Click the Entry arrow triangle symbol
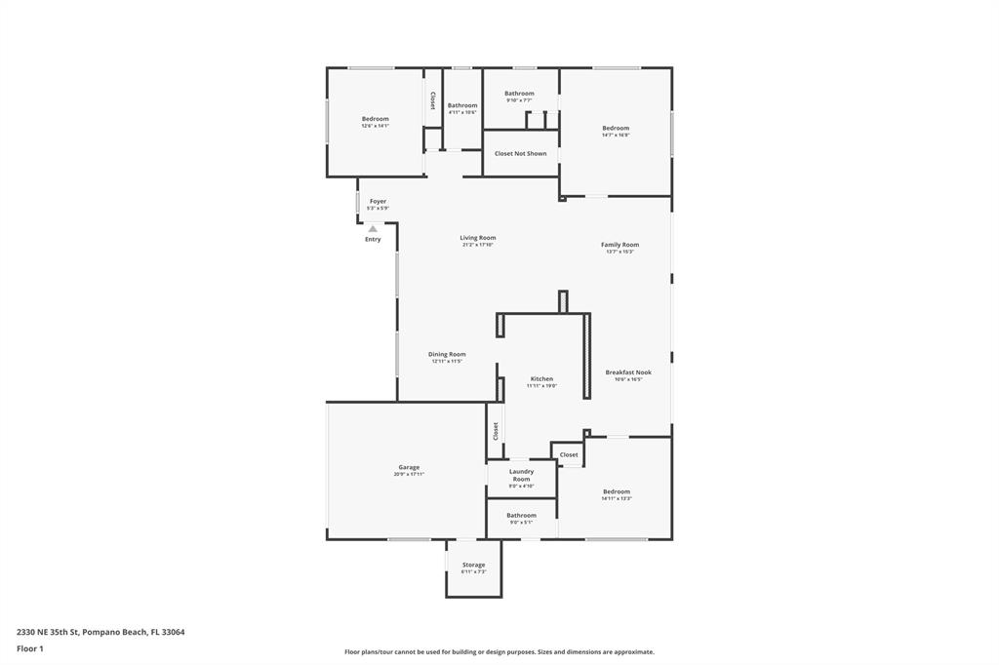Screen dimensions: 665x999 [x=373, y=229]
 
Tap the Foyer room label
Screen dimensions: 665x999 [x=378, y=202]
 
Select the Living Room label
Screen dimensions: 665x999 [x=478, y=238]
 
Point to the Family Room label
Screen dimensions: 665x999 [x=619, y=245]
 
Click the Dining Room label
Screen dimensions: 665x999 [x=447, y=354]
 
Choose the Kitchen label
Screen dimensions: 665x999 [x=541, y=379]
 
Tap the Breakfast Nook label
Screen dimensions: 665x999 [x=628, y=372]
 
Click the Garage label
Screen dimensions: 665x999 [x=409, y=467]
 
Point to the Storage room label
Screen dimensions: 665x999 [x=473, y=566]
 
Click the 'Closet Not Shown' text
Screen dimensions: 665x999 [x=520, y=153]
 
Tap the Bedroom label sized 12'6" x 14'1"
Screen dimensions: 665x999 [x=375, y=119]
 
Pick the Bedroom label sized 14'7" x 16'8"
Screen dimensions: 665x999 [x=616, y=129]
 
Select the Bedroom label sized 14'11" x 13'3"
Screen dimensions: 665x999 [x=617, y=491]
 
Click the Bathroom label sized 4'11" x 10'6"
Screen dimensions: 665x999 [x=462, y=105]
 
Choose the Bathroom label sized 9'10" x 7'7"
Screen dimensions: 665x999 [x=519, y=94]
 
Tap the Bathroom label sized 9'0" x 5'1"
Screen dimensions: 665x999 [x=521, y=515]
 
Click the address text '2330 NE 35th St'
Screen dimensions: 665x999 [x=48, y=632]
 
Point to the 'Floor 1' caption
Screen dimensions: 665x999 [x=30, y=648]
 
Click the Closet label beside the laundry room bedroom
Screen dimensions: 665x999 [x=569, y=454]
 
